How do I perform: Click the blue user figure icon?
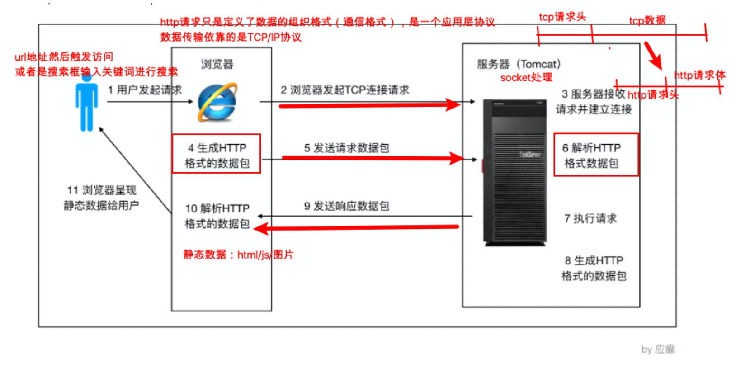click(86, 103)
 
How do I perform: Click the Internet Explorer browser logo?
click(217, 102)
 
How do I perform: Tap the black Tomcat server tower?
click(514, 172)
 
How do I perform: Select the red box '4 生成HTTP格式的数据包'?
click(217, 154)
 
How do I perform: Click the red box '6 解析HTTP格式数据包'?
click(595, 155)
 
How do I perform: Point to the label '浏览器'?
click(217, 64)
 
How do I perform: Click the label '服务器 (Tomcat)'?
click(519, 64)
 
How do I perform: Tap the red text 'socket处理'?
click(526, 77)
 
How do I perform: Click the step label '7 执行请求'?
click(590, 219)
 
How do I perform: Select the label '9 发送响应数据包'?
click(346, 206)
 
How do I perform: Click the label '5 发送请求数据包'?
click(346, 148)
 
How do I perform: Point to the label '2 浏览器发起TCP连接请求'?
click(344, 90)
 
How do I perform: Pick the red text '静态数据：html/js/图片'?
click(238, 255)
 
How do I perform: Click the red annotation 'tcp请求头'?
click(562, 17)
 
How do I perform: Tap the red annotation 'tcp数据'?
click(647, 20)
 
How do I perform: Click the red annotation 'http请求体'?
click(699, 75)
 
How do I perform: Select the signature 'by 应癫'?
click(657, 349)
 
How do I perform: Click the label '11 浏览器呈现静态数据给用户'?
click(101, 198)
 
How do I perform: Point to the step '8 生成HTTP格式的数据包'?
click(594, 268)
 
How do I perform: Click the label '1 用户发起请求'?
click(145, 90)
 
